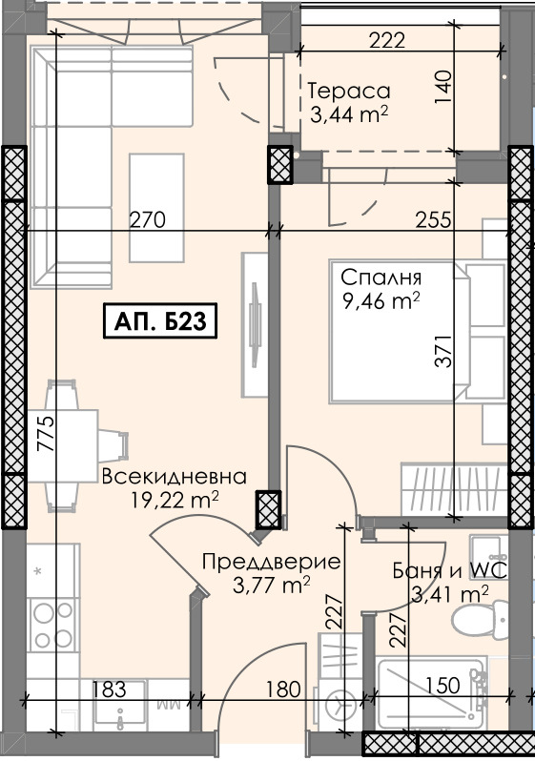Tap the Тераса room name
point(349,92)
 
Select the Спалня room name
point(381,279)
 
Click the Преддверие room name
point(271,562)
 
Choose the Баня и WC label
point(448,571)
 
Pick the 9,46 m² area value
point(381,303)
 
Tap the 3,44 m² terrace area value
point(348,116)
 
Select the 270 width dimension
point(148,219)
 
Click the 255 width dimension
point(433,219)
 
